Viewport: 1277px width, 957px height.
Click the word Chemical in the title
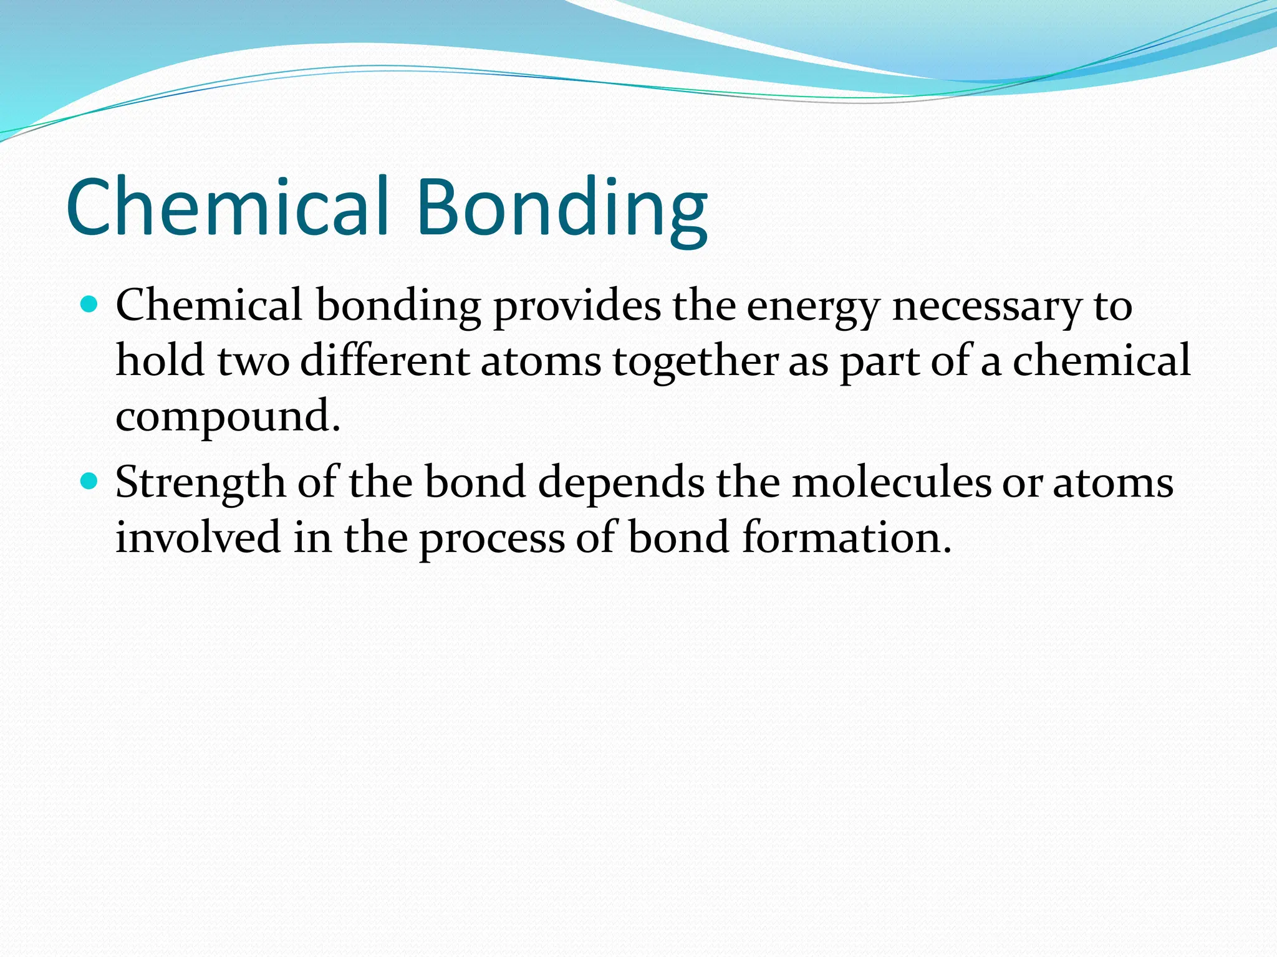pos(228,207)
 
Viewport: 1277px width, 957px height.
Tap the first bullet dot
pos(90,305)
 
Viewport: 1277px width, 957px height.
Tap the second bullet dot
pos(90,481)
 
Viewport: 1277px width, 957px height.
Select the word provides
pos(577,307)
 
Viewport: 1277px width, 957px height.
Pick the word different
pos(384,361)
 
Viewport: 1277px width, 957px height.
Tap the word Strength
pos(200,483)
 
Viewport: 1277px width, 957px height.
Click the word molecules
pos(891,483)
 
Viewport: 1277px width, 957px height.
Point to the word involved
pos(198,537)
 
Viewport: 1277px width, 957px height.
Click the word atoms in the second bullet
pos(1113,484)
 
